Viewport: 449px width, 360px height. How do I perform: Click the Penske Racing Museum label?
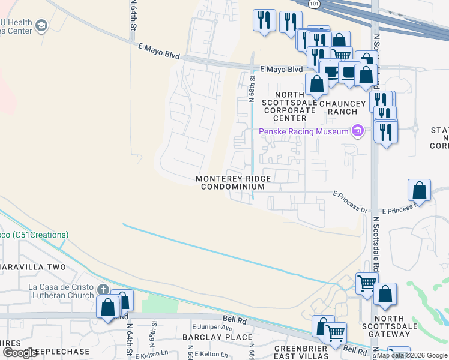click(304, 132)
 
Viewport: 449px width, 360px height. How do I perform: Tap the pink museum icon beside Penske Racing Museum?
click(358, 131)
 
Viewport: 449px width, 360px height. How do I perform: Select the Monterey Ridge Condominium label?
click(234, 183)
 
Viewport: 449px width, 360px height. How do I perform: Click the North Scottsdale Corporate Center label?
click(290, 106)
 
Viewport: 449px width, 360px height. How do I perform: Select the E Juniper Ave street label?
click(212, 328)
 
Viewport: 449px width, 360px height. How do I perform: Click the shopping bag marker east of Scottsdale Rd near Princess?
click(419, 190)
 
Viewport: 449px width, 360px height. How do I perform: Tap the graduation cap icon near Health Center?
click(41, 25)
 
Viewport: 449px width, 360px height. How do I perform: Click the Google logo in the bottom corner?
click(19, 353)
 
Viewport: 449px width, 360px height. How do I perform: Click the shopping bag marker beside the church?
click(109, 307)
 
